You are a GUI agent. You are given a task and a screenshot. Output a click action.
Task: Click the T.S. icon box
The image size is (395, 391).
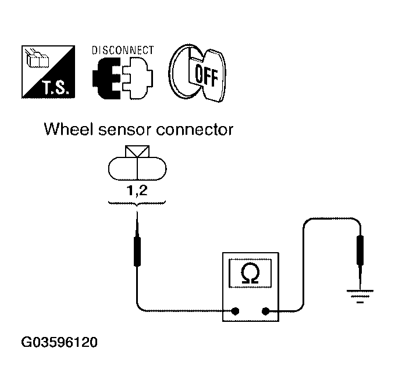click(48, 71)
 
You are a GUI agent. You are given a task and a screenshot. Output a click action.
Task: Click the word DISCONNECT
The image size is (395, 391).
click(123, 51)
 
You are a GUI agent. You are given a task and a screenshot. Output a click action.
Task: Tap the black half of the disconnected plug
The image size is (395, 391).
click(106, 78)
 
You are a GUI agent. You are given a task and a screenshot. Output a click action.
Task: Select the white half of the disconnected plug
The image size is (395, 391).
click(138, 78)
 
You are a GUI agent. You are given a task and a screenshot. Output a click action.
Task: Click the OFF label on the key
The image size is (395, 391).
click(207, 75)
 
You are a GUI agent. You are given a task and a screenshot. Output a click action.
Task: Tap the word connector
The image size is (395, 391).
click(195, 130)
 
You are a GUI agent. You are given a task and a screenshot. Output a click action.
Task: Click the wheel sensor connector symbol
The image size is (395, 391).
click(137, 163)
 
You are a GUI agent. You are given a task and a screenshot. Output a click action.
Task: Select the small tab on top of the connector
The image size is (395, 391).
click(137, 152)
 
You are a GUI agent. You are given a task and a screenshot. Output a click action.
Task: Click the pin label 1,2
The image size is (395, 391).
click(137, 191)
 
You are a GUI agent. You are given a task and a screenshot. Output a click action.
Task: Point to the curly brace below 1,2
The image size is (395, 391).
click(137, 203)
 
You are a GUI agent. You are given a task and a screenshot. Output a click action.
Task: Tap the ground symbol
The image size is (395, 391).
click(360, 296)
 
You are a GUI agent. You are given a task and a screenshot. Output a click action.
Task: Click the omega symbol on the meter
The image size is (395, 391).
click(250, 274)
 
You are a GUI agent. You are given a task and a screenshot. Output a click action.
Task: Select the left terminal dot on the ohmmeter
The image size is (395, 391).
click(235, 311)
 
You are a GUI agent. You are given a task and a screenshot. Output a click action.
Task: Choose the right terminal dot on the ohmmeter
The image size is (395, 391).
click(265, 311)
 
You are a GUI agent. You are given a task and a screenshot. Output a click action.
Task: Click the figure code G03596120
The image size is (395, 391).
click(59, 342)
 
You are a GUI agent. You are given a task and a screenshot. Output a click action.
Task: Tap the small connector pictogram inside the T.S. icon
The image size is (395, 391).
click(38, 59)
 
